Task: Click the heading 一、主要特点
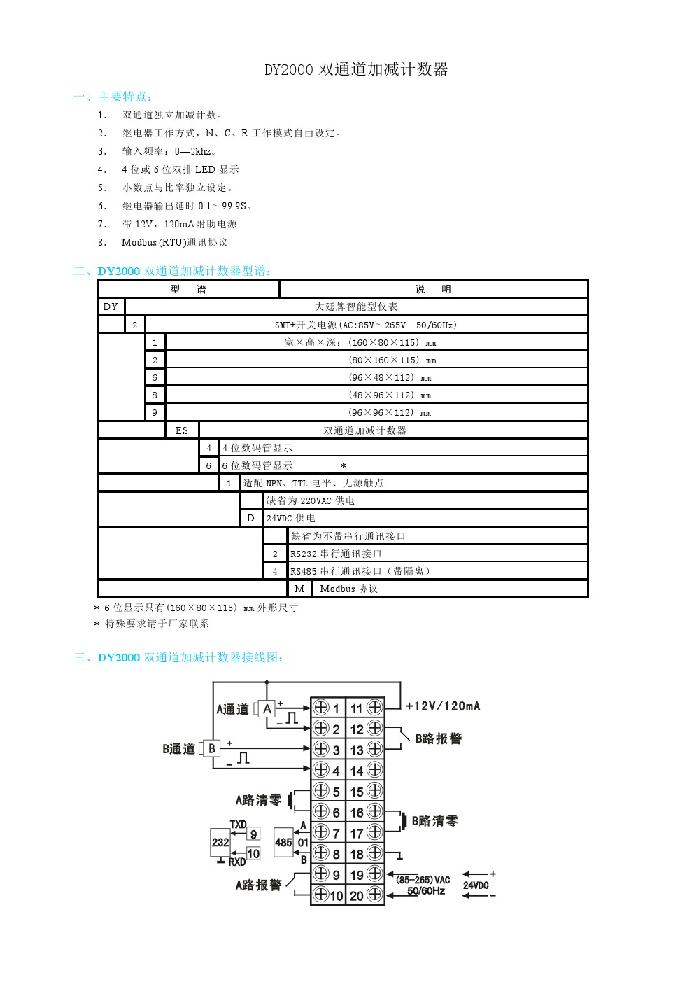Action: [x=113, y=97]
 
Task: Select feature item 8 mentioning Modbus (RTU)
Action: [x=174, y=242]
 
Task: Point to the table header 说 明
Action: [x=433, y=289]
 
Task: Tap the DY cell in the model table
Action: [x=111, y=307]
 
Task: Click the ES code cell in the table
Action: [x=182, y=430]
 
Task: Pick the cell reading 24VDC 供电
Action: [x=291, y=518]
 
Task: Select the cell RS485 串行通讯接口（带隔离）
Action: [x=360, y=571]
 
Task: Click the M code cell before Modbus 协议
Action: [x=299, y=589]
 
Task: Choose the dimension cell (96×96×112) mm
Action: [x=390, y=413]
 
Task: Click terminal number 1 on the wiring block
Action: [x=336, y=708]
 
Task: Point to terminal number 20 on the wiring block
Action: [x=357, y=895]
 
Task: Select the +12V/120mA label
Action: [x=443, y=706]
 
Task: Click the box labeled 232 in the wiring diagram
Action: [x=220, y=842]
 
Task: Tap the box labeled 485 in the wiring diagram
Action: [x=283, y=842]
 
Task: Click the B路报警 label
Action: [x=439, y=738]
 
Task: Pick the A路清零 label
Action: [x=258, y=800]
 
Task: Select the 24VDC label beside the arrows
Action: [x=476, y=885]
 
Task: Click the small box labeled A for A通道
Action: [x=267, y=709]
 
